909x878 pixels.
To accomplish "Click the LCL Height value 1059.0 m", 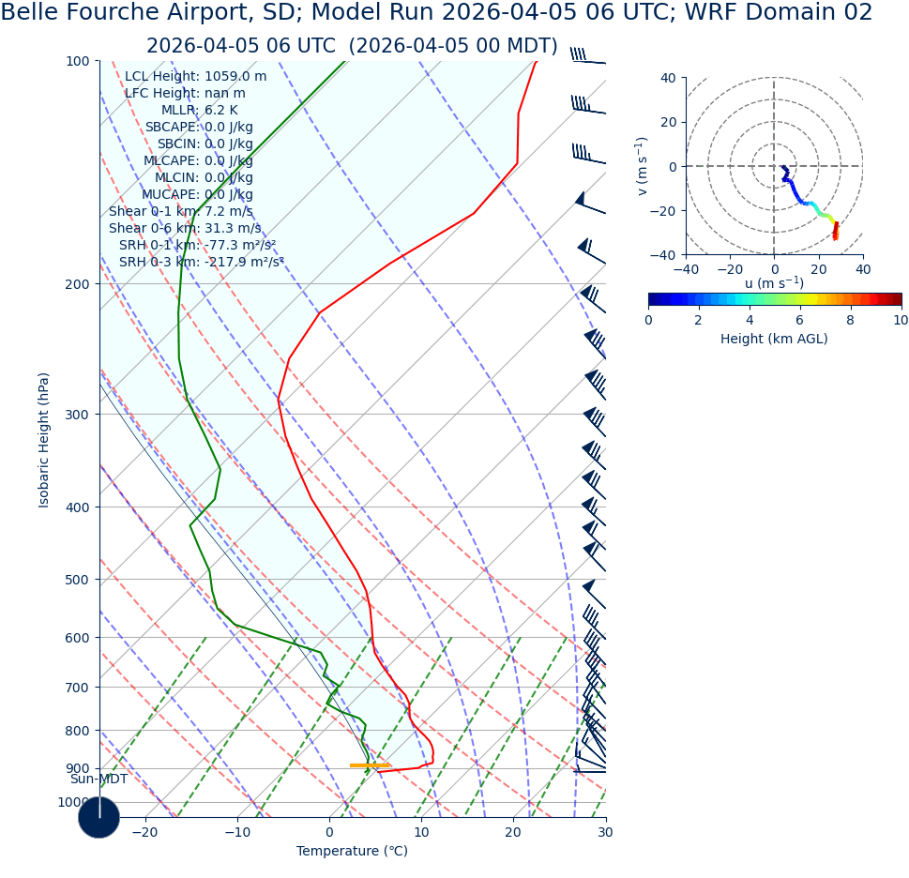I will tap(235, 77).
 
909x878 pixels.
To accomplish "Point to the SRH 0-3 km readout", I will tap(201, 263).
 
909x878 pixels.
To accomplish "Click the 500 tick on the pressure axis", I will tap(77, 580).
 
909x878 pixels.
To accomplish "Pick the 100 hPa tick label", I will tap(77, 61).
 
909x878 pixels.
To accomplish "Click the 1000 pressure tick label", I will tap(73, 803).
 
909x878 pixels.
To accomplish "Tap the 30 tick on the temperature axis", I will tap(605, 832).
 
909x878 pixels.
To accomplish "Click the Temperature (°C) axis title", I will tap(352, 852).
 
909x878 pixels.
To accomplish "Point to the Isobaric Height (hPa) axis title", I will tap(44, 440).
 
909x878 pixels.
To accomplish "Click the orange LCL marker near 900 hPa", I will tap(370, 765).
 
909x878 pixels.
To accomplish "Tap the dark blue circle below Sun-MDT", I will tap(98, 817).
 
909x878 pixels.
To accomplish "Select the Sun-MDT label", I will tap(98, 780).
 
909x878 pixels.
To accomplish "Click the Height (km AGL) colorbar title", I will tap(774, 339).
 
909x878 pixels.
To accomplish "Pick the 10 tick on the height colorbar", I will tap(901, 320).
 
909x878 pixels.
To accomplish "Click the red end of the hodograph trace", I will tap(835, 235).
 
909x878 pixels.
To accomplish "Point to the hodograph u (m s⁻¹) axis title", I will tap(774, 283).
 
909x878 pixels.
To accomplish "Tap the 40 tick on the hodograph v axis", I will tap(668, 78).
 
